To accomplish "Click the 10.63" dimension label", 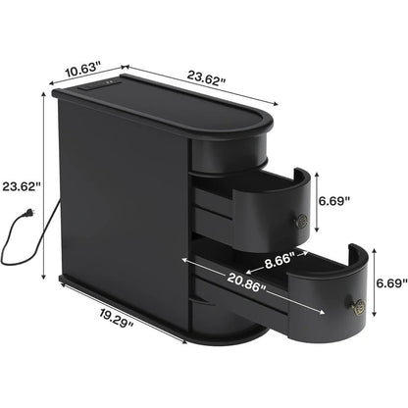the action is pos(81,70).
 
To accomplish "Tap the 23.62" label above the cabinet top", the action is pos(207,77).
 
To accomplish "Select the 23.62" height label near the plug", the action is pos(22,186).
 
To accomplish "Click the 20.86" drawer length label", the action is pos(247,281).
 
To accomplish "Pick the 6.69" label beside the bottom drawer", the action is pos(391,282).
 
